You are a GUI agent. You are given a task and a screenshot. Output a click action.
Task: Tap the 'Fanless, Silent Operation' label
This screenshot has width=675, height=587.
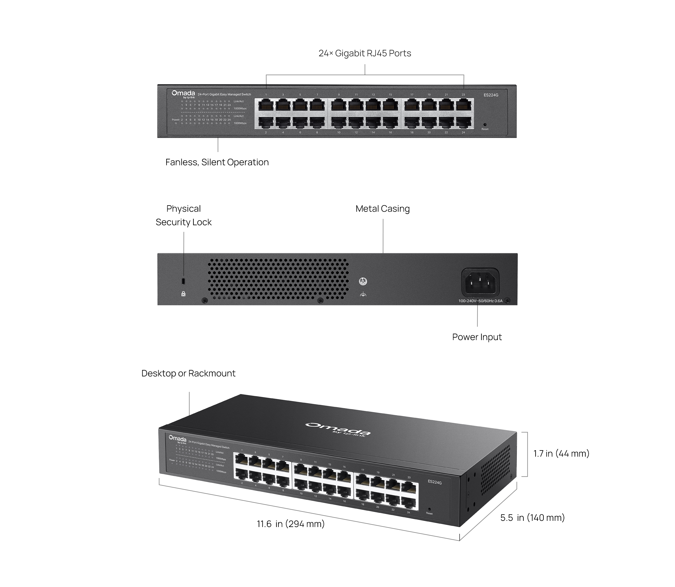coord(217,162)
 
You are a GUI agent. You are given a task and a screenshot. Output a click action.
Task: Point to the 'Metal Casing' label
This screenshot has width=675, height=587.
coord(382,209)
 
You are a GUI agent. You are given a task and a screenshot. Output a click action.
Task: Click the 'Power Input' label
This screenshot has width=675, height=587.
coord(477,337)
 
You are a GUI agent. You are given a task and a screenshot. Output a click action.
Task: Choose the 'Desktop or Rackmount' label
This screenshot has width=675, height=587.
coord(188,373)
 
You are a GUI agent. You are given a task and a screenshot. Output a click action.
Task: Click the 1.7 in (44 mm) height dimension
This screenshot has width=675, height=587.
coord(561,454)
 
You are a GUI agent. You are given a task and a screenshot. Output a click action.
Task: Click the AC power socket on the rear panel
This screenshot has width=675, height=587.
coord(480,282)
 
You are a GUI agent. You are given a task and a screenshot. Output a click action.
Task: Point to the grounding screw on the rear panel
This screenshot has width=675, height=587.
coord(363,281)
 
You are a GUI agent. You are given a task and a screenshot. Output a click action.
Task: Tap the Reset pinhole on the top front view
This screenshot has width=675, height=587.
coord(485,124)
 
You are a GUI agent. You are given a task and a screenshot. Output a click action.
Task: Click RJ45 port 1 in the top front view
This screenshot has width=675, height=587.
coord(266,106)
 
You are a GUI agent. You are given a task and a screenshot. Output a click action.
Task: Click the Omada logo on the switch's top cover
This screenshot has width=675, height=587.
coord(338,428)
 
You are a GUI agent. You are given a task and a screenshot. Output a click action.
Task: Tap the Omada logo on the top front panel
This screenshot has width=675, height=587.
coord(183,94)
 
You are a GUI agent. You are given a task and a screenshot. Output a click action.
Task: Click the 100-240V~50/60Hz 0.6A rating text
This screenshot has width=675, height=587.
coord(480,301)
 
